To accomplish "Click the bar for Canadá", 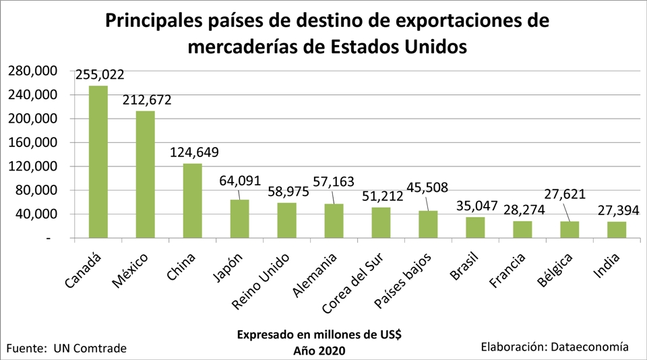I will [x=98, y=162].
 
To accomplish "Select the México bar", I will [x=146, y=175].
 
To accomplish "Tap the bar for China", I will [x=193, y=201].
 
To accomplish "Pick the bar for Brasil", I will [x=475, y=227].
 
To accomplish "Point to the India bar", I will [x=617, y=229].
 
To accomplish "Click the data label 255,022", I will [x=100, y=75].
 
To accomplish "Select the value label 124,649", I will [x=194, y=152].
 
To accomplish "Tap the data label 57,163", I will [x=335, y=181].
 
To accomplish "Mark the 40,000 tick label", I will [x=35, y=214].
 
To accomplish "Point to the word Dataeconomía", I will [x=590, y=347].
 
